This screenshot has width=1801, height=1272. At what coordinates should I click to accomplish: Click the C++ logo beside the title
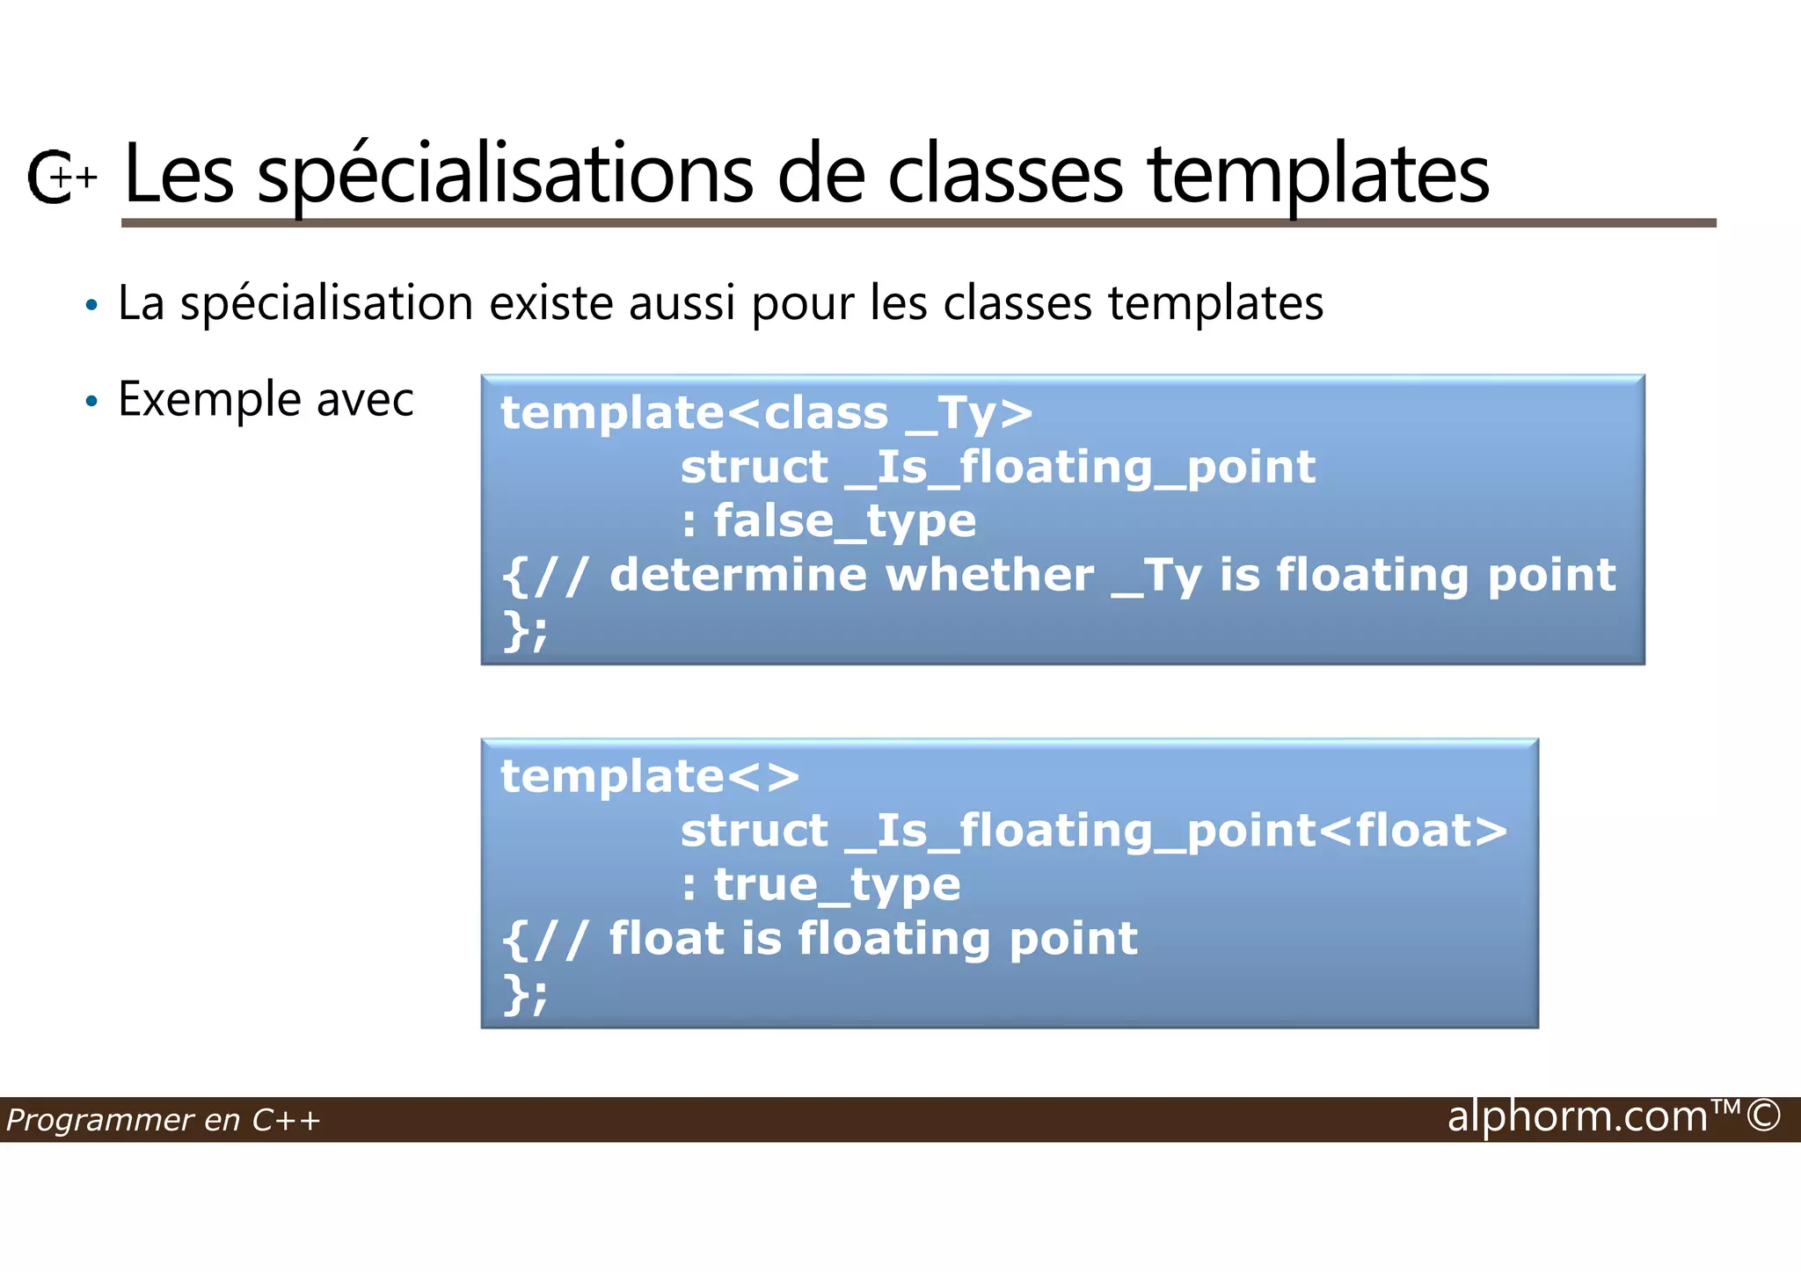click(x=60, y=177)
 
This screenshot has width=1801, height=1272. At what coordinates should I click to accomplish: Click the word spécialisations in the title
click(x=505, y=176)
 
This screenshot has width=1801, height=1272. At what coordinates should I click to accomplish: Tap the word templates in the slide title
click(x=1318, y=176)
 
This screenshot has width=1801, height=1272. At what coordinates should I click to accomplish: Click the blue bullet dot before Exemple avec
click(x=91, y=402)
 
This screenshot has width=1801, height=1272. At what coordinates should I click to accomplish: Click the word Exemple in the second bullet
click(x=210, y=401)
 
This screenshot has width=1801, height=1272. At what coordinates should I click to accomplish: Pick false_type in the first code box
click(x=844, y=521)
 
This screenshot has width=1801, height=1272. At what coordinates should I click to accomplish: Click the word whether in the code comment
click(x=989, y=576)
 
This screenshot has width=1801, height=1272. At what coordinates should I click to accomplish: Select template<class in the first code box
click(x=695, y=413)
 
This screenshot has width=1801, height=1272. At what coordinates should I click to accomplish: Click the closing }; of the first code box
click(x=525, y=630)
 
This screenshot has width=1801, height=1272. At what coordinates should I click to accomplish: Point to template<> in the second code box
click(x=650, y=777)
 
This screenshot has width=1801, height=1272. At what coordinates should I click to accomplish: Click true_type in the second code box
click(x=836, y=885)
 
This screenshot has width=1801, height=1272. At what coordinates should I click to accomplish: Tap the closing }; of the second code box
click(x=525, y=994)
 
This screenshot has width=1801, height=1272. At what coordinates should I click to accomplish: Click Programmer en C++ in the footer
click(x=163, y=1120)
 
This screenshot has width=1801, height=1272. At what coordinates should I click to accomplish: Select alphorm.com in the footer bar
click(x=1577, y=1116)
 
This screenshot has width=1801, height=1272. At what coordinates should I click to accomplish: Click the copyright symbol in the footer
click(x=1763, y=1116)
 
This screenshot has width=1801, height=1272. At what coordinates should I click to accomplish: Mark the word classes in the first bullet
click(x=1018, y=303)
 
